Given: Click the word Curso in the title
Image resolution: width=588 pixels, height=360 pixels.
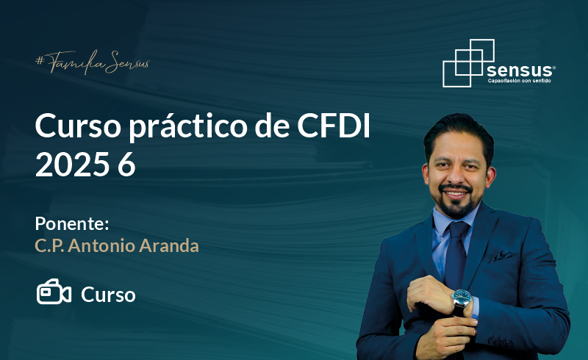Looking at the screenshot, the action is tap(78, 126).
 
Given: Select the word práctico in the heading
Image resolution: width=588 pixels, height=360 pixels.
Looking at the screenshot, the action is tap(188, 128).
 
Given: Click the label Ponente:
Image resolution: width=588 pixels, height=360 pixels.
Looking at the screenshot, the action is tap(72, 223).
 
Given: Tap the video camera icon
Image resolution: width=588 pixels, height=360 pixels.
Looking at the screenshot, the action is tap(54, 292).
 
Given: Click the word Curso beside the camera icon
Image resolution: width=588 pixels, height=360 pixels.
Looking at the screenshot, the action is tap(108, 295).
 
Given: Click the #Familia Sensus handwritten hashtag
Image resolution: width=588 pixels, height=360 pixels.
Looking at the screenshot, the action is tap(93, 62).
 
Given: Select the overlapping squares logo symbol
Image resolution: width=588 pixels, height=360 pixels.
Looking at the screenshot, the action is tap(468, 63).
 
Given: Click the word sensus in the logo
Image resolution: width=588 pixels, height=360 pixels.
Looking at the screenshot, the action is tap(520, 70).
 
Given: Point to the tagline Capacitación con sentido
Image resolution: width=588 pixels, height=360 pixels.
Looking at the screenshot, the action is tap(520, 81).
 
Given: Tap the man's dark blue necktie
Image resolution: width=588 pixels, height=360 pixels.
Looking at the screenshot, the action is tap(455, 255).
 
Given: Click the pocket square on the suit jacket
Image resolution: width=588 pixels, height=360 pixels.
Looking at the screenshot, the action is tap(503, 256).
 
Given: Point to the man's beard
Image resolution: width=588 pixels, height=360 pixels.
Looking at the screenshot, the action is tap(455, 203).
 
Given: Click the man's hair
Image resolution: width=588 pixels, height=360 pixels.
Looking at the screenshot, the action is tap(459, 133).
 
